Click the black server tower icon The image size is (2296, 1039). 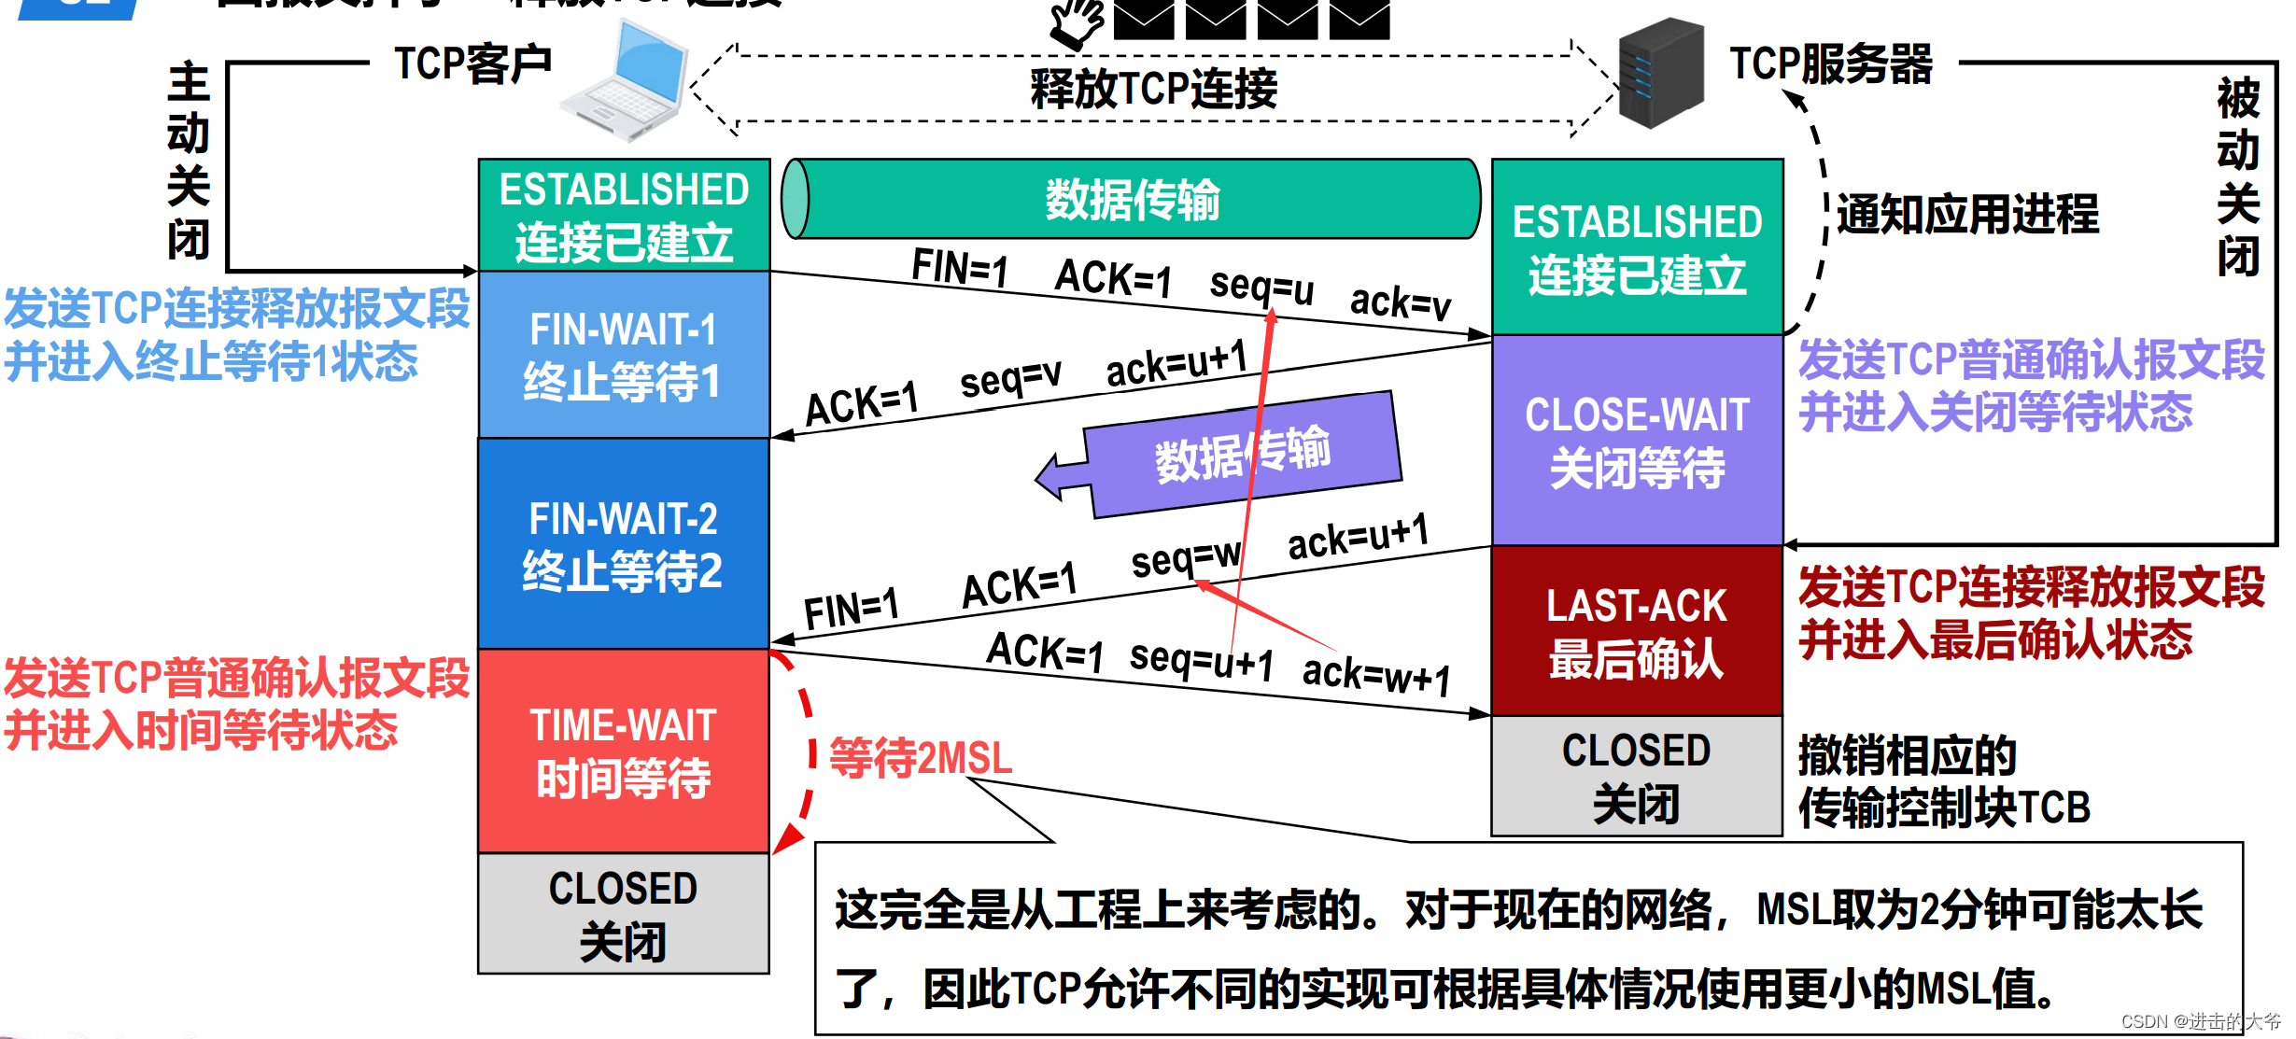point(1661,73)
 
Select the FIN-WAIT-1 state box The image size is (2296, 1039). point(624,355)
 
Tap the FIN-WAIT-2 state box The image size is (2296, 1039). point(624,543)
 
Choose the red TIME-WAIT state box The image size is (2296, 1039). point(624,751)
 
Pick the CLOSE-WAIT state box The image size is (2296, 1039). point(1637,441)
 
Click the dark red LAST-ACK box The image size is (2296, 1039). point(1637,631)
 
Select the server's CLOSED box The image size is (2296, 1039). point(1637,776)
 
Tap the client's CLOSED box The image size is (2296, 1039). point(624,914)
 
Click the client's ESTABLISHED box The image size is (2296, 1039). point(624,216)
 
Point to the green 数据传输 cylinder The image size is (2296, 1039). point(1132,199)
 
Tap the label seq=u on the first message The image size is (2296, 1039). point(1261,286)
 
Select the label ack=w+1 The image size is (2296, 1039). point(1376,674)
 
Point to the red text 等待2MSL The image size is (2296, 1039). point(921,757)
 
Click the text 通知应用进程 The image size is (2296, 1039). point(1967,214)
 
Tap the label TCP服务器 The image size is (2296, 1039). point(1831,64)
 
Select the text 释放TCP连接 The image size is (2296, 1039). point(1154,90)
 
